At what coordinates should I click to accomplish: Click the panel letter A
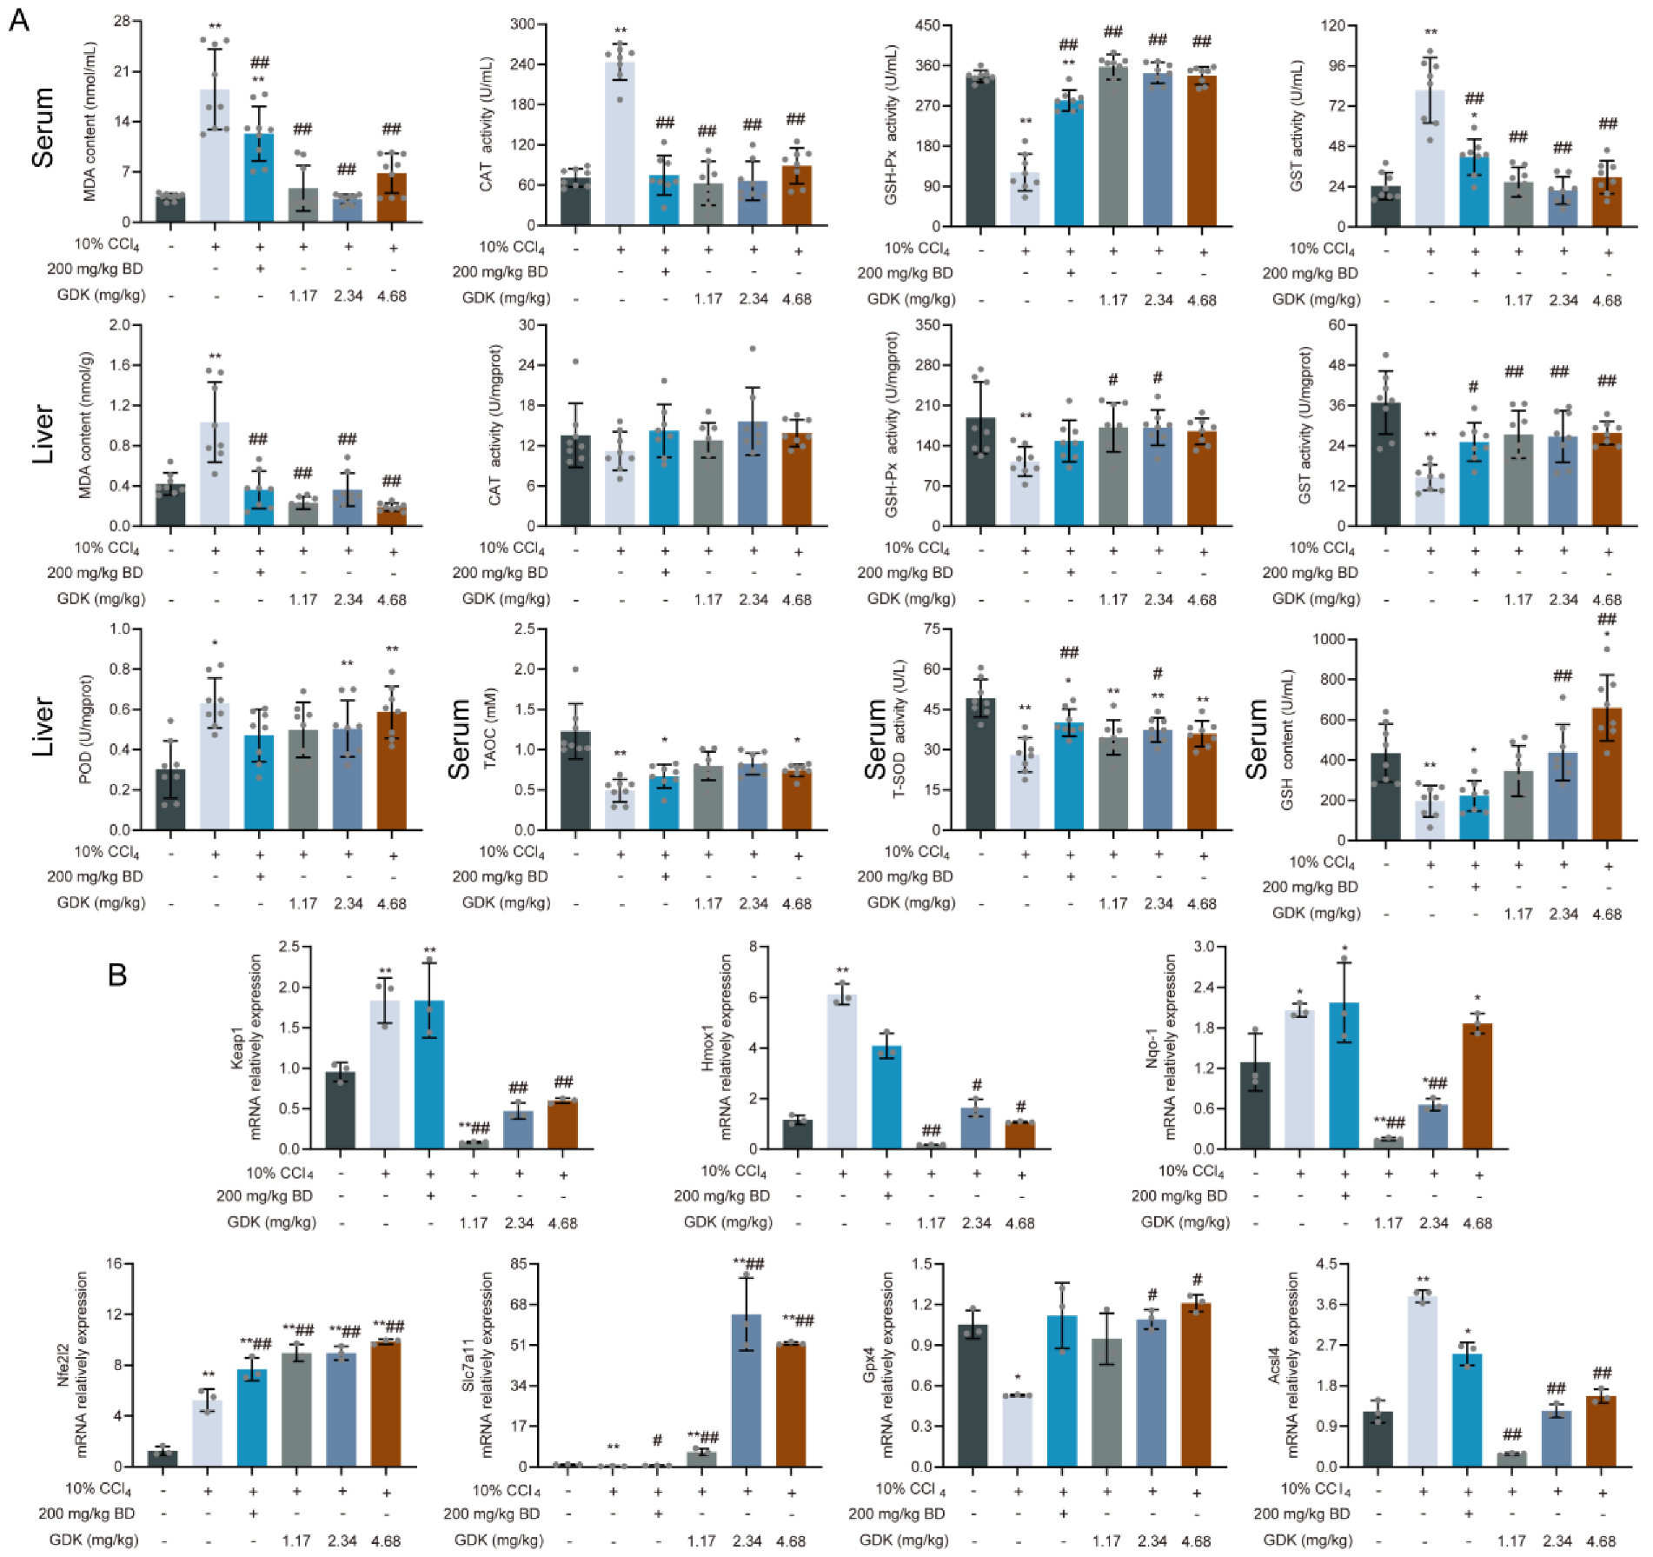(18, 19)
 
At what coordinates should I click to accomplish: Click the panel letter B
(117, 975)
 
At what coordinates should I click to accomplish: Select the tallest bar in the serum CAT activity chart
(620, 143)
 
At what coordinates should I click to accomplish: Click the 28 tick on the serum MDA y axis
(122, 21)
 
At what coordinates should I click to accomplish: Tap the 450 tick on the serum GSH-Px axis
(927, 25)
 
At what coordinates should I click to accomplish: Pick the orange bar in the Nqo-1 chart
(1477, 1086)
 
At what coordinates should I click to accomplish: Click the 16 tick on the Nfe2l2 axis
(114, 1263)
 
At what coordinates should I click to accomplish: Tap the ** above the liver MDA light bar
(215, 356)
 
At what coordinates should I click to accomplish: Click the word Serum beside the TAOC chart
(459, 739)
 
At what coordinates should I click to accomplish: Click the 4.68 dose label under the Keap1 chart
(562, 1223)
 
